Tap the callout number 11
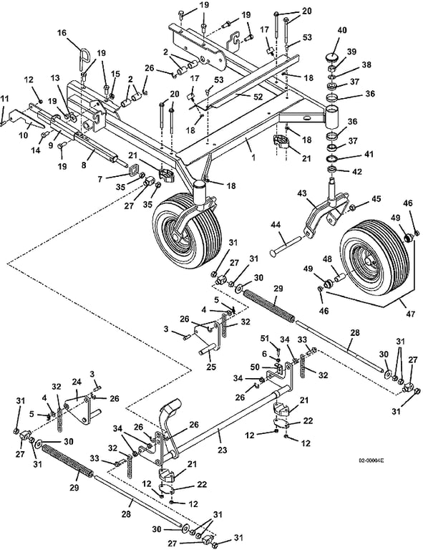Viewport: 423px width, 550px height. (x=5, y=98)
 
